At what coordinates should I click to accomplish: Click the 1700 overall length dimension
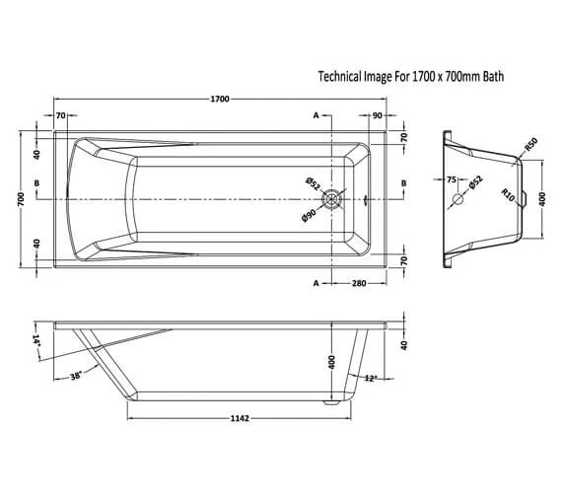(220, 99)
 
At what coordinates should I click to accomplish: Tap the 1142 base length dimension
(240, 418)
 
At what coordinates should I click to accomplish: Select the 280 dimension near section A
(359, 284)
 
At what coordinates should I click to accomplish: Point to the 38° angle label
(76, 376)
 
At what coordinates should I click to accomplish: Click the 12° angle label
(372, 379)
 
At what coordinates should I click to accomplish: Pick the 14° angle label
(36, 340)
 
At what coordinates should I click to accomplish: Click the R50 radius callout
(531, 144)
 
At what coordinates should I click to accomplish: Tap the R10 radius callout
(508, 195)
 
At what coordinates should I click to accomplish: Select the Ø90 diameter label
(309, 215)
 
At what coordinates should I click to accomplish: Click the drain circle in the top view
(332, 199)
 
